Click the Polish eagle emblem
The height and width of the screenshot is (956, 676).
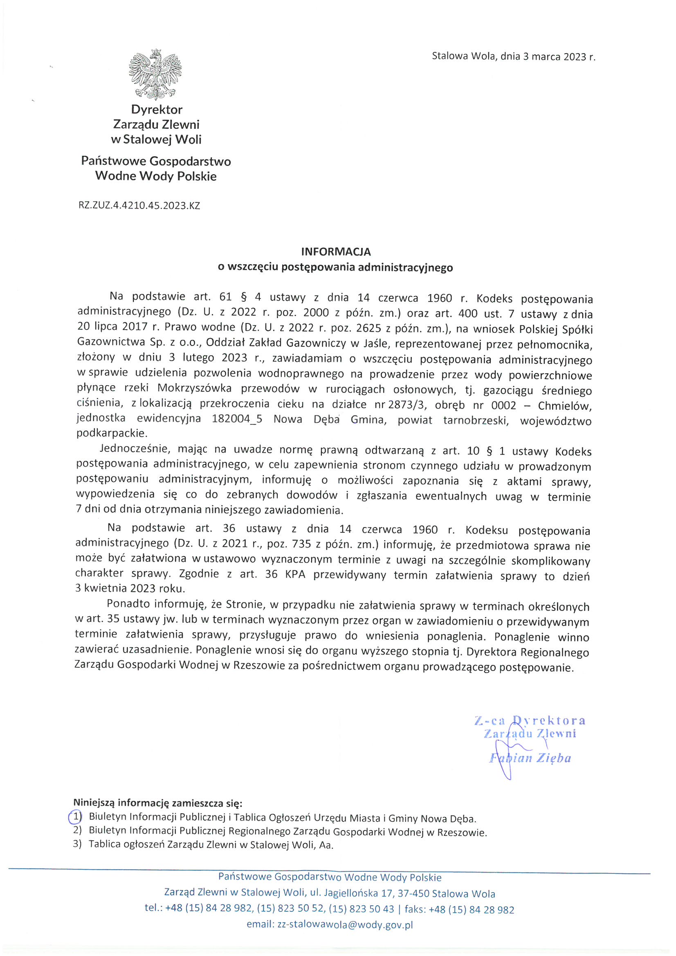[155, 74]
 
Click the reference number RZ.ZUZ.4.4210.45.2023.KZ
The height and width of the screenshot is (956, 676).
[139, 205]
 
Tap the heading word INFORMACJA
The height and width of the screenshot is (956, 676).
[336, 251]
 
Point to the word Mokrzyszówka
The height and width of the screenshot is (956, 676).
[195, 388]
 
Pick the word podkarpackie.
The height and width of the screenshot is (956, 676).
[112, 433]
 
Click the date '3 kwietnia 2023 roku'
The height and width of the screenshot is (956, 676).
[130, 588]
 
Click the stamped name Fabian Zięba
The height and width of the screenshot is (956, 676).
[530, 758]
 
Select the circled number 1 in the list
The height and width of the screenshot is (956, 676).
[75, 817]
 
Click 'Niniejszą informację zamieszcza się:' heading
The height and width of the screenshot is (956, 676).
[158, 802]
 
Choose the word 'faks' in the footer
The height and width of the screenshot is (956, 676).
[413, 909]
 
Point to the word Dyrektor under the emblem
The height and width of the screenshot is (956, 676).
[157, 110]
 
